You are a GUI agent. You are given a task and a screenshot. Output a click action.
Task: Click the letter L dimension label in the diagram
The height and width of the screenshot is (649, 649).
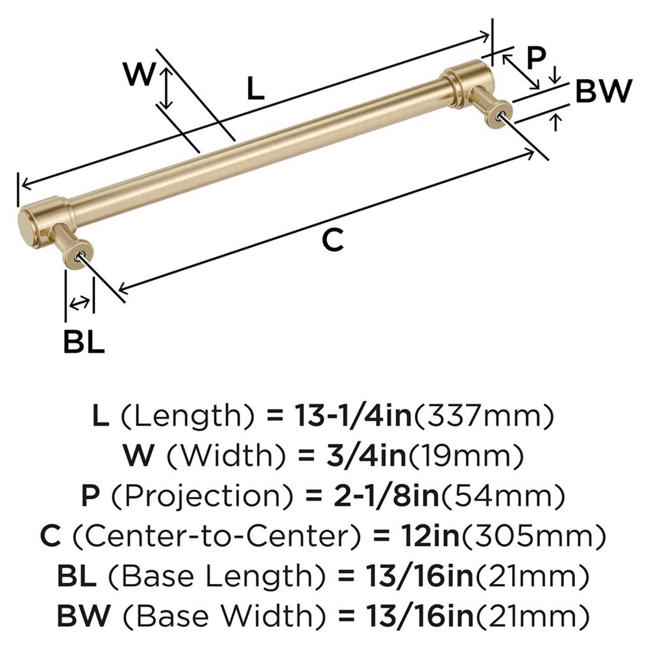coord(256,88)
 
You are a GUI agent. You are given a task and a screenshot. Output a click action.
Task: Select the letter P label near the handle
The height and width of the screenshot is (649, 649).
coord(535,58)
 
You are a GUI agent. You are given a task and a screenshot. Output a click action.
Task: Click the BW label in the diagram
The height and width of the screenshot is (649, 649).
coord(603,92)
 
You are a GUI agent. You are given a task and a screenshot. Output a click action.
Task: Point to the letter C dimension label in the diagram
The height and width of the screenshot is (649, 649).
coord(332,241)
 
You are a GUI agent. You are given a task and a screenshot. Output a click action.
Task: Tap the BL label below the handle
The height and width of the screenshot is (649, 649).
coord(84,342)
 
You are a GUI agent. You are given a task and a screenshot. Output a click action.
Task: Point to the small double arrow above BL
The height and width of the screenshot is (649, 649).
coord(80,302)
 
